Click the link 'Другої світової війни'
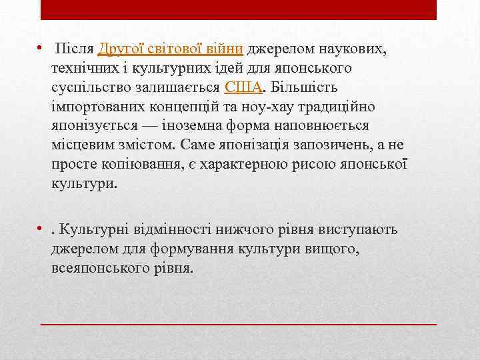tap(172, 49)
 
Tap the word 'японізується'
tap(95, 127)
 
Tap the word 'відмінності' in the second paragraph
tap(167, 230)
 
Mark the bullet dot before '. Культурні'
tap(41, 231)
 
